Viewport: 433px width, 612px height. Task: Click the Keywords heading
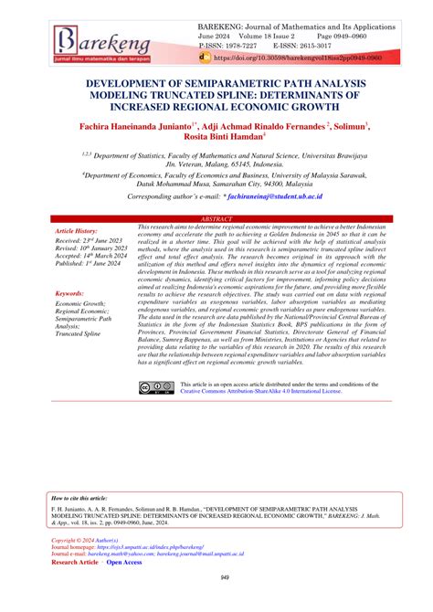click(x=69, y=293)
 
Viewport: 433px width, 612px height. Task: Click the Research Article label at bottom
click(x=75, y=564)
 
